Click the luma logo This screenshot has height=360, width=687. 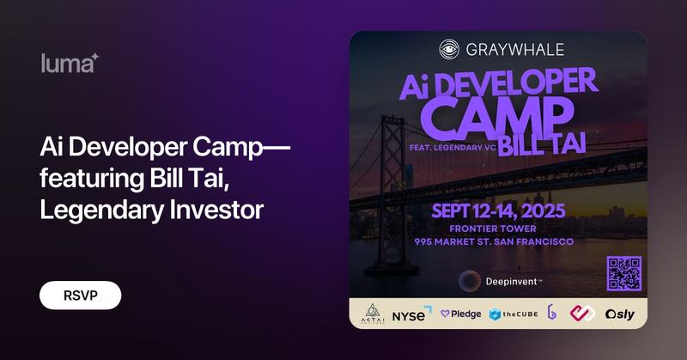coord(70,62)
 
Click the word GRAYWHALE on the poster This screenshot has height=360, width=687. coord(512,49)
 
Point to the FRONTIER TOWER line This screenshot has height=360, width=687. coord(499,229)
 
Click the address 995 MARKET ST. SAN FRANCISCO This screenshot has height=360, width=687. coord(499,242)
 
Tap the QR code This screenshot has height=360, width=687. coord(624,274)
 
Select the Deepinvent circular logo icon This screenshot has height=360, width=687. coord(469,281)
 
